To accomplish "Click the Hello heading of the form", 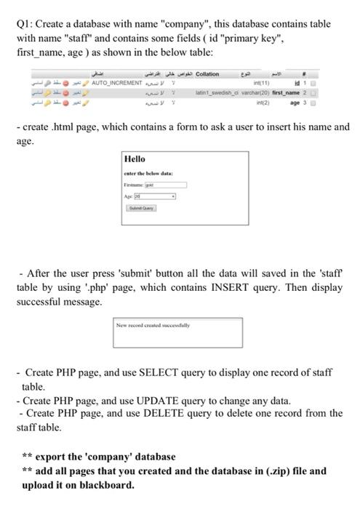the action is pyautogui.click(x=135, y=159).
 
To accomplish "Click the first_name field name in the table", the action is pyautogui.click(x=308, y=92).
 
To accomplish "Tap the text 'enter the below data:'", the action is pyautogui.click(x=148, y=172).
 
